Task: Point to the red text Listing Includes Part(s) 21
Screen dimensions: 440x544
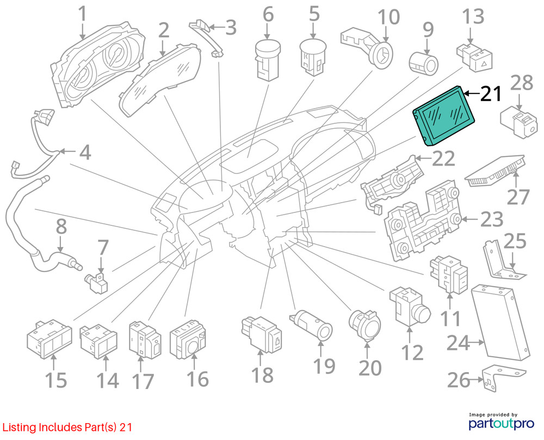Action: pyautogui.click(x=66, y=428)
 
